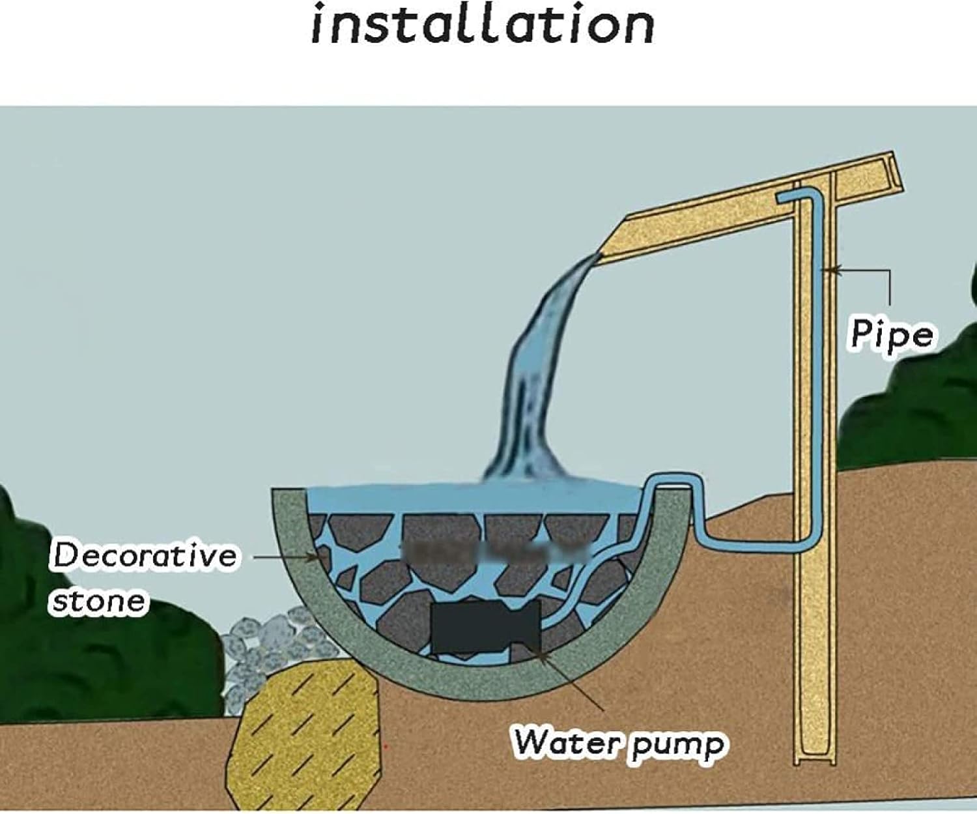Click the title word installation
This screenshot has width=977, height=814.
483,25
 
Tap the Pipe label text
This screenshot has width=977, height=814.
891,335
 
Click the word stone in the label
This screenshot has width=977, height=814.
98,601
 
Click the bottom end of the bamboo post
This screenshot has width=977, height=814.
814,759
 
